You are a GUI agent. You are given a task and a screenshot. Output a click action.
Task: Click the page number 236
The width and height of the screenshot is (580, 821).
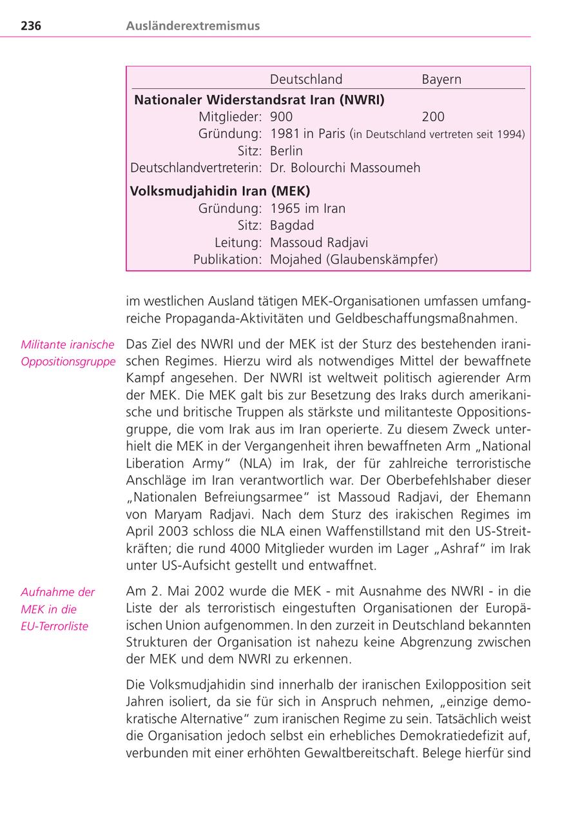31,26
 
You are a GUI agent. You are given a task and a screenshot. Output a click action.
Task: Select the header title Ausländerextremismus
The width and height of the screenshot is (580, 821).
193,26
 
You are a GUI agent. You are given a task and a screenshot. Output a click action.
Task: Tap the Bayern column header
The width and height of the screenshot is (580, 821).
441,79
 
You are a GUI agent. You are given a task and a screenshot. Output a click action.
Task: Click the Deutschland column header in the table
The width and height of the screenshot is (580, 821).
306,79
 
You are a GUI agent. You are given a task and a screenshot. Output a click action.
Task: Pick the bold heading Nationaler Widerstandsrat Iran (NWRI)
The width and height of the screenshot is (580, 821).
259,100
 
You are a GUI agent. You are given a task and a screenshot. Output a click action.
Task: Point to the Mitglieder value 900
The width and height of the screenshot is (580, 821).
281,117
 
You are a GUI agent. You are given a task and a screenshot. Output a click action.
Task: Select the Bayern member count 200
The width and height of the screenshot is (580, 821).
433,117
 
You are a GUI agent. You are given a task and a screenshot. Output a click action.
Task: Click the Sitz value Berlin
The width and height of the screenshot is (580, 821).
286,151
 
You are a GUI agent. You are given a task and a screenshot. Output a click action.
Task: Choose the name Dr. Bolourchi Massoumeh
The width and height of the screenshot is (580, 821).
345,168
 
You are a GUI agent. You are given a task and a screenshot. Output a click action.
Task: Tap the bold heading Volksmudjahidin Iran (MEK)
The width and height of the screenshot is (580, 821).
220,192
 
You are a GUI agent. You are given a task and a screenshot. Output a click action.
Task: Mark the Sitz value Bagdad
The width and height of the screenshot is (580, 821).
292,226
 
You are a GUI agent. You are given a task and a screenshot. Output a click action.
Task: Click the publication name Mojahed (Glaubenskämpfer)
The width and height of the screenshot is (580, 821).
354,260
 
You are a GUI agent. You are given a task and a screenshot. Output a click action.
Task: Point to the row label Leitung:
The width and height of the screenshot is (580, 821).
238,243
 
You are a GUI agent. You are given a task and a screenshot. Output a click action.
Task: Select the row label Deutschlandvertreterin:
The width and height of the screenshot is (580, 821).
196,168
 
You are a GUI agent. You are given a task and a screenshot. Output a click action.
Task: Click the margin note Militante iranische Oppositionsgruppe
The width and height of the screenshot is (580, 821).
68,353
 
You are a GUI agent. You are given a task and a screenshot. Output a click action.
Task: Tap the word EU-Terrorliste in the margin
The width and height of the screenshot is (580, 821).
54,626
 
